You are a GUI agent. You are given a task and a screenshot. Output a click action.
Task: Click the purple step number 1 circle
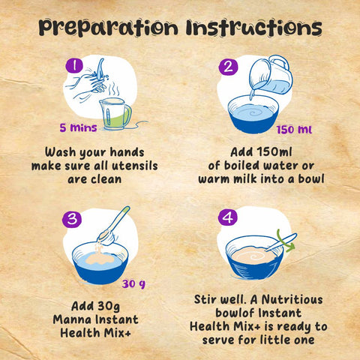click(x=74, y=65)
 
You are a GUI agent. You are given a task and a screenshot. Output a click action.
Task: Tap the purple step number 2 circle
click(x=228, y=67)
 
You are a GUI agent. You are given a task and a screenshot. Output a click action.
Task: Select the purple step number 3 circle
click(x=72, y=219)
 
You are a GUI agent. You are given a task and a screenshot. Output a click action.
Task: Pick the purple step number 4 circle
click(x=227, y=217)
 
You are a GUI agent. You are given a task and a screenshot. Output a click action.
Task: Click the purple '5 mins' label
click(x=78, y=127)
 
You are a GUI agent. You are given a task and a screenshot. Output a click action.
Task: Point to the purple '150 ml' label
click(x=294, y=130)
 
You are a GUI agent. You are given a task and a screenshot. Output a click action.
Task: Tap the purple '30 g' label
click(x=133, y=284)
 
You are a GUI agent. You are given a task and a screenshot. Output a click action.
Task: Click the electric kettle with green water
click(x=115, y=114)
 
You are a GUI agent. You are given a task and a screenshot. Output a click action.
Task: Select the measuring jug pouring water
click(x=271, y=74)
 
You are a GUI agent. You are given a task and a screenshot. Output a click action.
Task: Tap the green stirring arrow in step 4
click(x=285, y=241)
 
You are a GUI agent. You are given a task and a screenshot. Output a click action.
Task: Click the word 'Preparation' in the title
click(x=108, y=27)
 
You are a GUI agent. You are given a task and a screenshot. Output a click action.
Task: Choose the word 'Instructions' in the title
click(x=254, y=27)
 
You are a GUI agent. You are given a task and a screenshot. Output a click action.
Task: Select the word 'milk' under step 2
click(x=245, y=179)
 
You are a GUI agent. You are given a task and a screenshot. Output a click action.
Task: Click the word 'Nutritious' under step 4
click(x=292, y=299)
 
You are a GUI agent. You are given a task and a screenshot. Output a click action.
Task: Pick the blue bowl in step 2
click(x=253, y=114)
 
